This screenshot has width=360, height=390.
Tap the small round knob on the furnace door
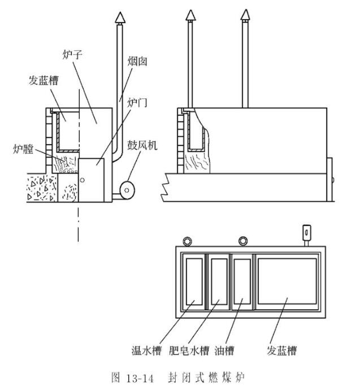(x=83, y=180)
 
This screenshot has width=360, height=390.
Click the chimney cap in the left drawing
(x=119, y=18)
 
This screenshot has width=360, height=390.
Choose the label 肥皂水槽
(x=190, y=350)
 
